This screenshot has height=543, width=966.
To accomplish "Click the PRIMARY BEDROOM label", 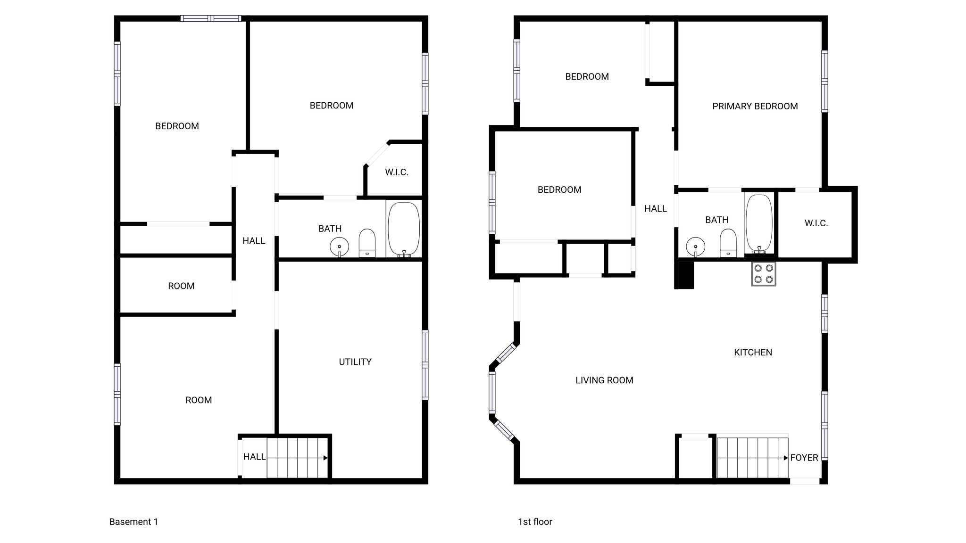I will [755, 107].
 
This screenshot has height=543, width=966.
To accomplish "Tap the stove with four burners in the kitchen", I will [763, 274].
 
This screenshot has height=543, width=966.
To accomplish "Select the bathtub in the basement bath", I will [403, 229].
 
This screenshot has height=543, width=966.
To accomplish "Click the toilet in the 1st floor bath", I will [728, 243].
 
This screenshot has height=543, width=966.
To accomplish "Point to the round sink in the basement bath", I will [339, 247].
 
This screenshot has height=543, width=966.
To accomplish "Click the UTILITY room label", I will [355, 362].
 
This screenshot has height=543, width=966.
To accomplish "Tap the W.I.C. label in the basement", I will [396, 173].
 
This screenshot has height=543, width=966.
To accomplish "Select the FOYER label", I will [804, 458].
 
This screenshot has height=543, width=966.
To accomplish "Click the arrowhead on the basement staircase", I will [325, 458].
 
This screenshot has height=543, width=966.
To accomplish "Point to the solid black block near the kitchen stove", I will [685, 275].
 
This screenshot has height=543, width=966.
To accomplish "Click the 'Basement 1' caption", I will [133, 522].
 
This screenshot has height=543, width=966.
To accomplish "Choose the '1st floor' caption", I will [535, 522].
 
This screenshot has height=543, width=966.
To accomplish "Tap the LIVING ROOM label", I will [604, 380].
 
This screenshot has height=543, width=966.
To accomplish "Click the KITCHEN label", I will [753, 353].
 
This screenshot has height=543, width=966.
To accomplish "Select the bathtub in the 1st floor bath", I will [759, 223].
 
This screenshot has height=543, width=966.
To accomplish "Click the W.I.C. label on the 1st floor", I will [816, 223].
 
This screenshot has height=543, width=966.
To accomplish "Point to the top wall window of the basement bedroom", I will [211, 18].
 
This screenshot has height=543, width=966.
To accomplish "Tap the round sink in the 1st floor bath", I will [695, 246].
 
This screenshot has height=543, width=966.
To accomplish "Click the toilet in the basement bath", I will [367, 243].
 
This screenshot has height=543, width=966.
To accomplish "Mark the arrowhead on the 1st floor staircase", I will [786, 458].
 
